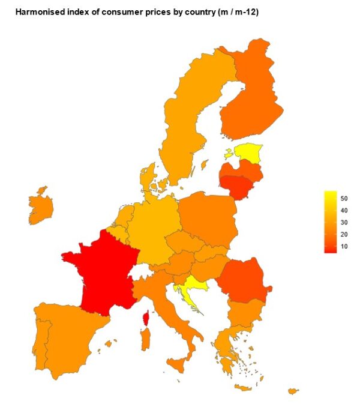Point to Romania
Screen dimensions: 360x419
pyautogui.click(x=243, y=279)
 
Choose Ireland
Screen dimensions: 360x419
pyautogui.click(x=41, y=207)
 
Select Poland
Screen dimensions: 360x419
pyautogui.click(x=207, y=219)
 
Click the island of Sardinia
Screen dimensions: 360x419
pyautogui.click(x=145, y=340)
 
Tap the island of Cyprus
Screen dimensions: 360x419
pyautogui.click(x=293, y=391)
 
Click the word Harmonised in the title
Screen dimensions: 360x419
pyautogui.click(x=37, y=11)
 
